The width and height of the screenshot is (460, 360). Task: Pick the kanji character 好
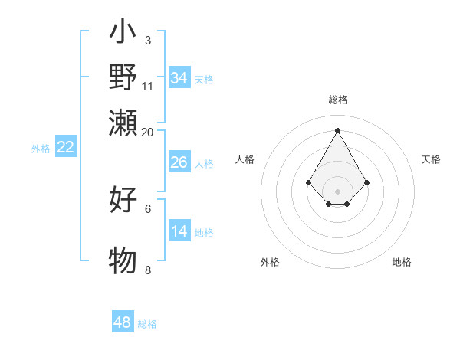[123, 200]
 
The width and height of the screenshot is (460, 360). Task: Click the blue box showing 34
[179, 78]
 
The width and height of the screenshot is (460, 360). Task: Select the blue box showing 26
[179, 162]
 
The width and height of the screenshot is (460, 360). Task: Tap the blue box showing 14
[179, 231]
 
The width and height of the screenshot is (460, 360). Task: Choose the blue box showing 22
[66, 148]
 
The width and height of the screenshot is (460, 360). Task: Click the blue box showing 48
[123, 322]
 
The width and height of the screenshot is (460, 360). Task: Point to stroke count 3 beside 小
[147, 40]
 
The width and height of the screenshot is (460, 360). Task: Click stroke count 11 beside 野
[148, 85]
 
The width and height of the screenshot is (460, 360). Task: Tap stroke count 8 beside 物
[148, 270]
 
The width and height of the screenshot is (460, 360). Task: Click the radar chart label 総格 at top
[338, 100]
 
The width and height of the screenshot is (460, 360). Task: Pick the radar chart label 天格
[431, 159]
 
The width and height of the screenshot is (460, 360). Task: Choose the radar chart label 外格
[270, 262]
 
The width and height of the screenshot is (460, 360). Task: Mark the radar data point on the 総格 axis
[338, 129]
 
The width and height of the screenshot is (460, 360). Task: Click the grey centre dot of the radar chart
[338, 191]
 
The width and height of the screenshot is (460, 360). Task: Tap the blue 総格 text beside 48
[147, 324]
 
